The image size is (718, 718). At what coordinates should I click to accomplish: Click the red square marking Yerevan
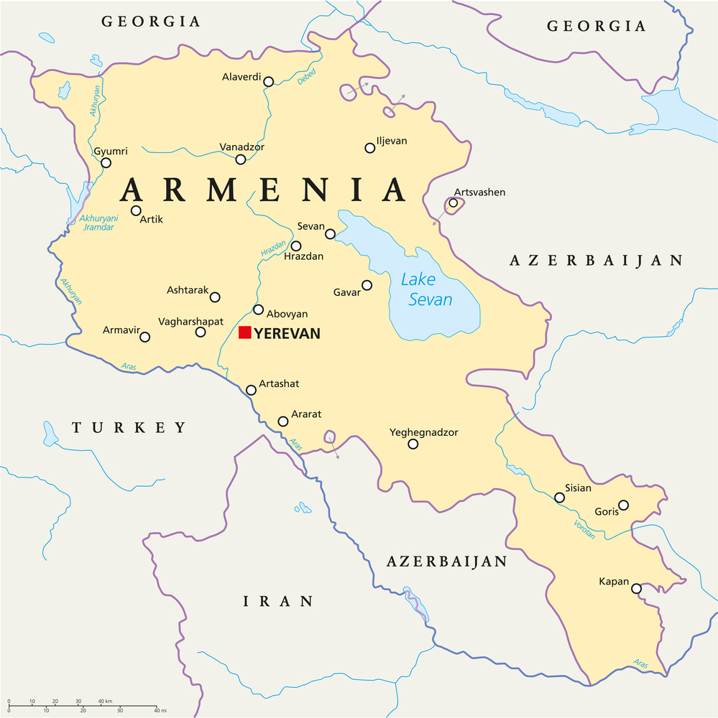[x=244, y=332]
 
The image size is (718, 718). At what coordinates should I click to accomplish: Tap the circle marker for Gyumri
[x=106, y=163]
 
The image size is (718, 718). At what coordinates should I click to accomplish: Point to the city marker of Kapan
[x=636, y=589]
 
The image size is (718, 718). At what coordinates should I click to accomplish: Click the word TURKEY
[x=129, y=428]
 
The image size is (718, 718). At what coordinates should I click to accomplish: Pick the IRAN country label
[x=277, y=602]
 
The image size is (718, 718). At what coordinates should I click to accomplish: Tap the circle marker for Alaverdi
[x=268, y=82]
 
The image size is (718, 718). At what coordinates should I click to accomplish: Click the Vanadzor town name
[x=241, y=146]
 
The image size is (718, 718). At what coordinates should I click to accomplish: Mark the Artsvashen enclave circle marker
[x=453, y=203]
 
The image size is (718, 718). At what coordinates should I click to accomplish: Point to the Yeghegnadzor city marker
[x=413, y=444]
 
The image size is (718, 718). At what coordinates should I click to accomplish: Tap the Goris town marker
[x=623, y=505]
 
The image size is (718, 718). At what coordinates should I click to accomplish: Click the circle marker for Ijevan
[x=369, y=148]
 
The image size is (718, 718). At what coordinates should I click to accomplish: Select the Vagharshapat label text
[x=190, y=321]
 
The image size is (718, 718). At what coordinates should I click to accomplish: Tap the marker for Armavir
[x=144, y=337]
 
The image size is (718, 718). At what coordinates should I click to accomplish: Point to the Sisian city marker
[x=559, y=498]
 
